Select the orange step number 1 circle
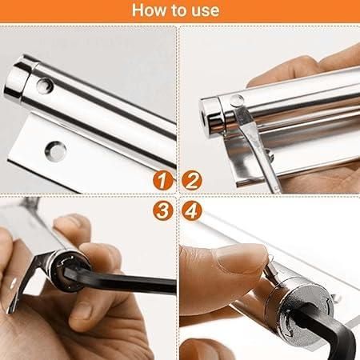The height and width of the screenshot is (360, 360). coord(163,181)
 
